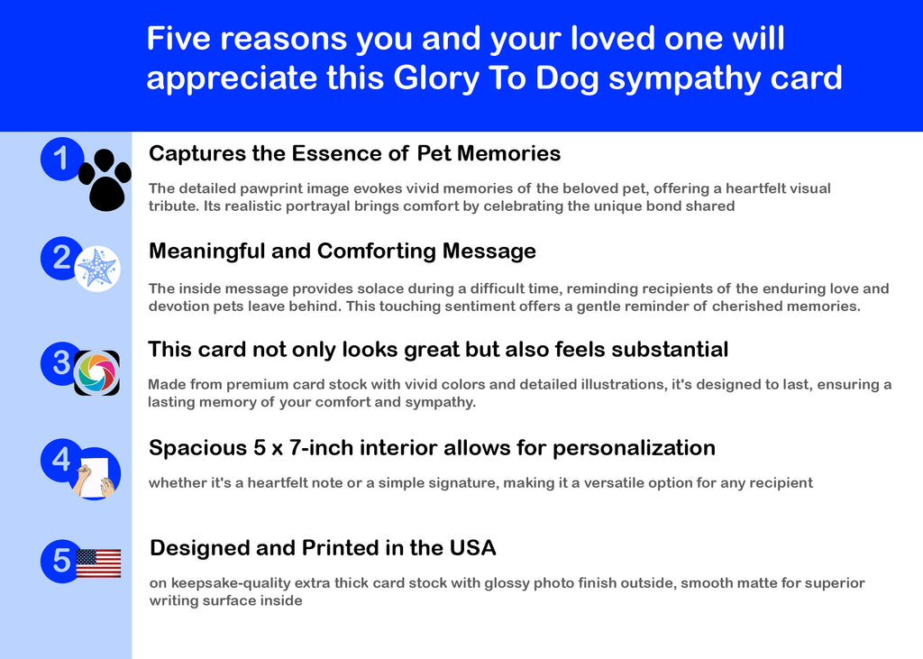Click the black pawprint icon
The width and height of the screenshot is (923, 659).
coord(105,179)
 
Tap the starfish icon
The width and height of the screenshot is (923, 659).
coord(97,269)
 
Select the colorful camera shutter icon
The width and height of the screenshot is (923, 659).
coord(96,373)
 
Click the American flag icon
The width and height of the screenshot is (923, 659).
coord(98,563)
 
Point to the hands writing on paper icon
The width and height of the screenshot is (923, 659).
coord(96,476)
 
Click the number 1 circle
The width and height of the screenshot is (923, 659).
coord(62,159)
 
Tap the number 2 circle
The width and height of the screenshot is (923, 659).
coord(61,258)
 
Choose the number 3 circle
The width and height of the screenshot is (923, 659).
coord(60,363)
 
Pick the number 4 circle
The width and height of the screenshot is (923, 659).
coord(61,460)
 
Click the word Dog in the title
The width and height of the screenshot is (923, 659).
coord(568,79)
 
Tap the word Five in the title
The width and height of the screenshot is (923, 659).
coord(178,38)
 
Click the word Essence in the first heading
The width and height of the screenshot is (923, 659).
coord(339,153)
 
